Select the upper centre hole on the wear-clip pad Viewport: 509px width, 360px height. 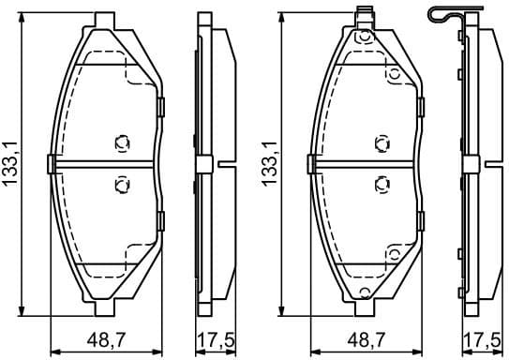tap(380, 143)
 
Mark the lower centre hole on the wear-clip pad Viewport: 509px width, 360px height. tap(380, 184)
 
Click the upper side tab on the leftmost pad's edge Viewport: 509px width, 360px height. tap(161, 106)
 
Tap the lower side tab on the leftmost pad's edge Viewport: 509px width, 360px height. tap(161, 221)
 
